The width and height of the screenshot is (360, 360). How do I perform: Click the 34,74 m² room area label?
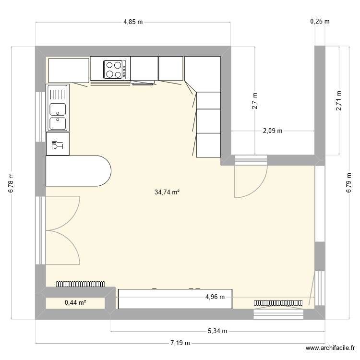pos(167,192)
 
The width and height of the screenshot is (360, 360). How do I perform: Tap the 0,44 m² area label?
pos(75,302)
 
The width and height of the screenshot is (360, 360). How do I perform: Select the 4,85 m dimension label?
pos(133,22)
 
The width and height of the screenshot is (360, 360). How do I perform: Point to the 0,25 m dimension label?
pos(320,22)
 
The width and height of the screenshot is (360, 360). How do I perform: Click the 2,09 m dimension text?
pos(272,131)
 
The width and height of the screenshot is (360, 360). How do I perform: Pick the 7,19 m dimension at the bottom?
pos(180,343)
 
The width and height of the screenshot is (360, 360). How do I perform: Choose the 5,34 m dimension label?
pos(217,331)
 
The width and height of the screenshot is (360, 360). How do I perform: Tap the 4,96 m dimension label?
pos(215,297)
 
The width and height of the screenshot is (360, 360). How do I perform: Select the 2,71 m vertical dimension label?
pos(339,101)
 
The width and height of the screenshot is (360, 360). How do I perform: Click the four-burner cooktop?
pos(115,69)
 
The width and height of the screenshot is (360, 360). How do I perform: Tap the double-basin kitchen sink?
pos(58,108)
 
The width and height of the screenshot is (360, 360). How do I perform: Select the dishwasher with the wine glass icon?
pos(58,144)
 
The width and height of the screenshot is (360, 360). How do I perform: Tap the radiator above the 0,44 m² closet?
pos(81,284)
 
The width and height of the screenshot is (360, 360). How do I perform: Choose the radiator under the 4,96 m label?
pos(278,303)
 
